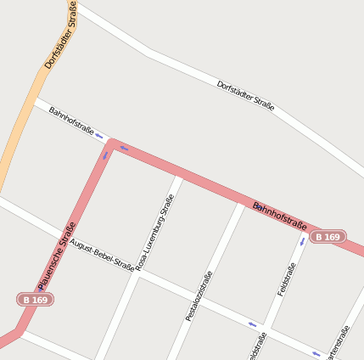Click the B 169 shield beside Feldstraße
pos(327,237)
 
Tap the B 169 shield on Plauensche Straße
pos(35,300)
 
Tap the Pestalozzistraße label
pos(199,295)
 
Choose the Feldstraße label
pos(287,279)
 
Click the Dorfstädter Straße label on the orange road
pos(61,36)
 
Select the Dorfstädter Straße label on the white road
pos(245,96)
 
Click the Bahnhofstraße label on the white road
pos(70,121)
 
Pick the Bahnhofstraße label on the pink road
pos(279,216)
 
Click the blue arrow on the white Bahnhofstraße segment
pos(99,135)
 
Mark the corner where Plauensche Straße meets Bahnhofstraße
pos(111,145)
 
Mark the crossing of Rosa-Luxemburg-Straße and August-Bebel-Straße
pos(137,269)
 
